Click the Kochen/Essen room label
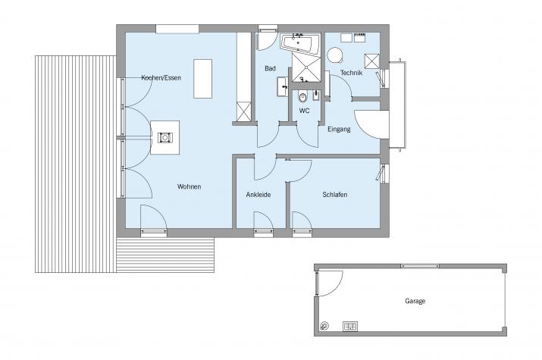pyautogui.click(x=161, y=78)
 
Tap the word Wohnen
pyautogui.click(x=189, y=186)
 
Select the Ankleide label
pyautogui.click(x=258, y=195)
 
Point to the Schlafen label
pyautogui.click(x=334, y=195)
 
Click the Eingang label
pyautogui.click(x=339, y=129)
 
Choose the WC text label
pyautogui.click(x=304, y=111)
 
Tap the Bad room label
pyautogui.click(x=270, y=68)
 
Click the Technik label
pyautogui.click(x=351, y=73)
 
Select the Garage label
pyautogui.click(x=415, y=302)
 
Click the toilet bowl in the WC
pyautogui.click(x=302, y=98)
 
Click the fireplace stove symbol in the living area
pyautogui.click(x=165, y=137)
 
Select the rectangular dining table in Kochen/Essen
pyautogui.click(x=202, y=79)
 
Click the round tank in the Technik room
pyautogui.click(x=335, y=55)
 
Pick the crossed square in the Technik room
pyautogui.click(x=372, y=61)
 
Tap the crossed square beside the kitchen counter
pyautogui.click(x=244, y=111)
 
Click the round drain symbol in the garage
pyautogui.click(x=324, y=325)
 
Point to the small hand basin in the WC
pyautogui.click(x=316, y=95)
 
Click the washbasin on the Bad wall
pyautogui.click(x=283, y=86)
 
